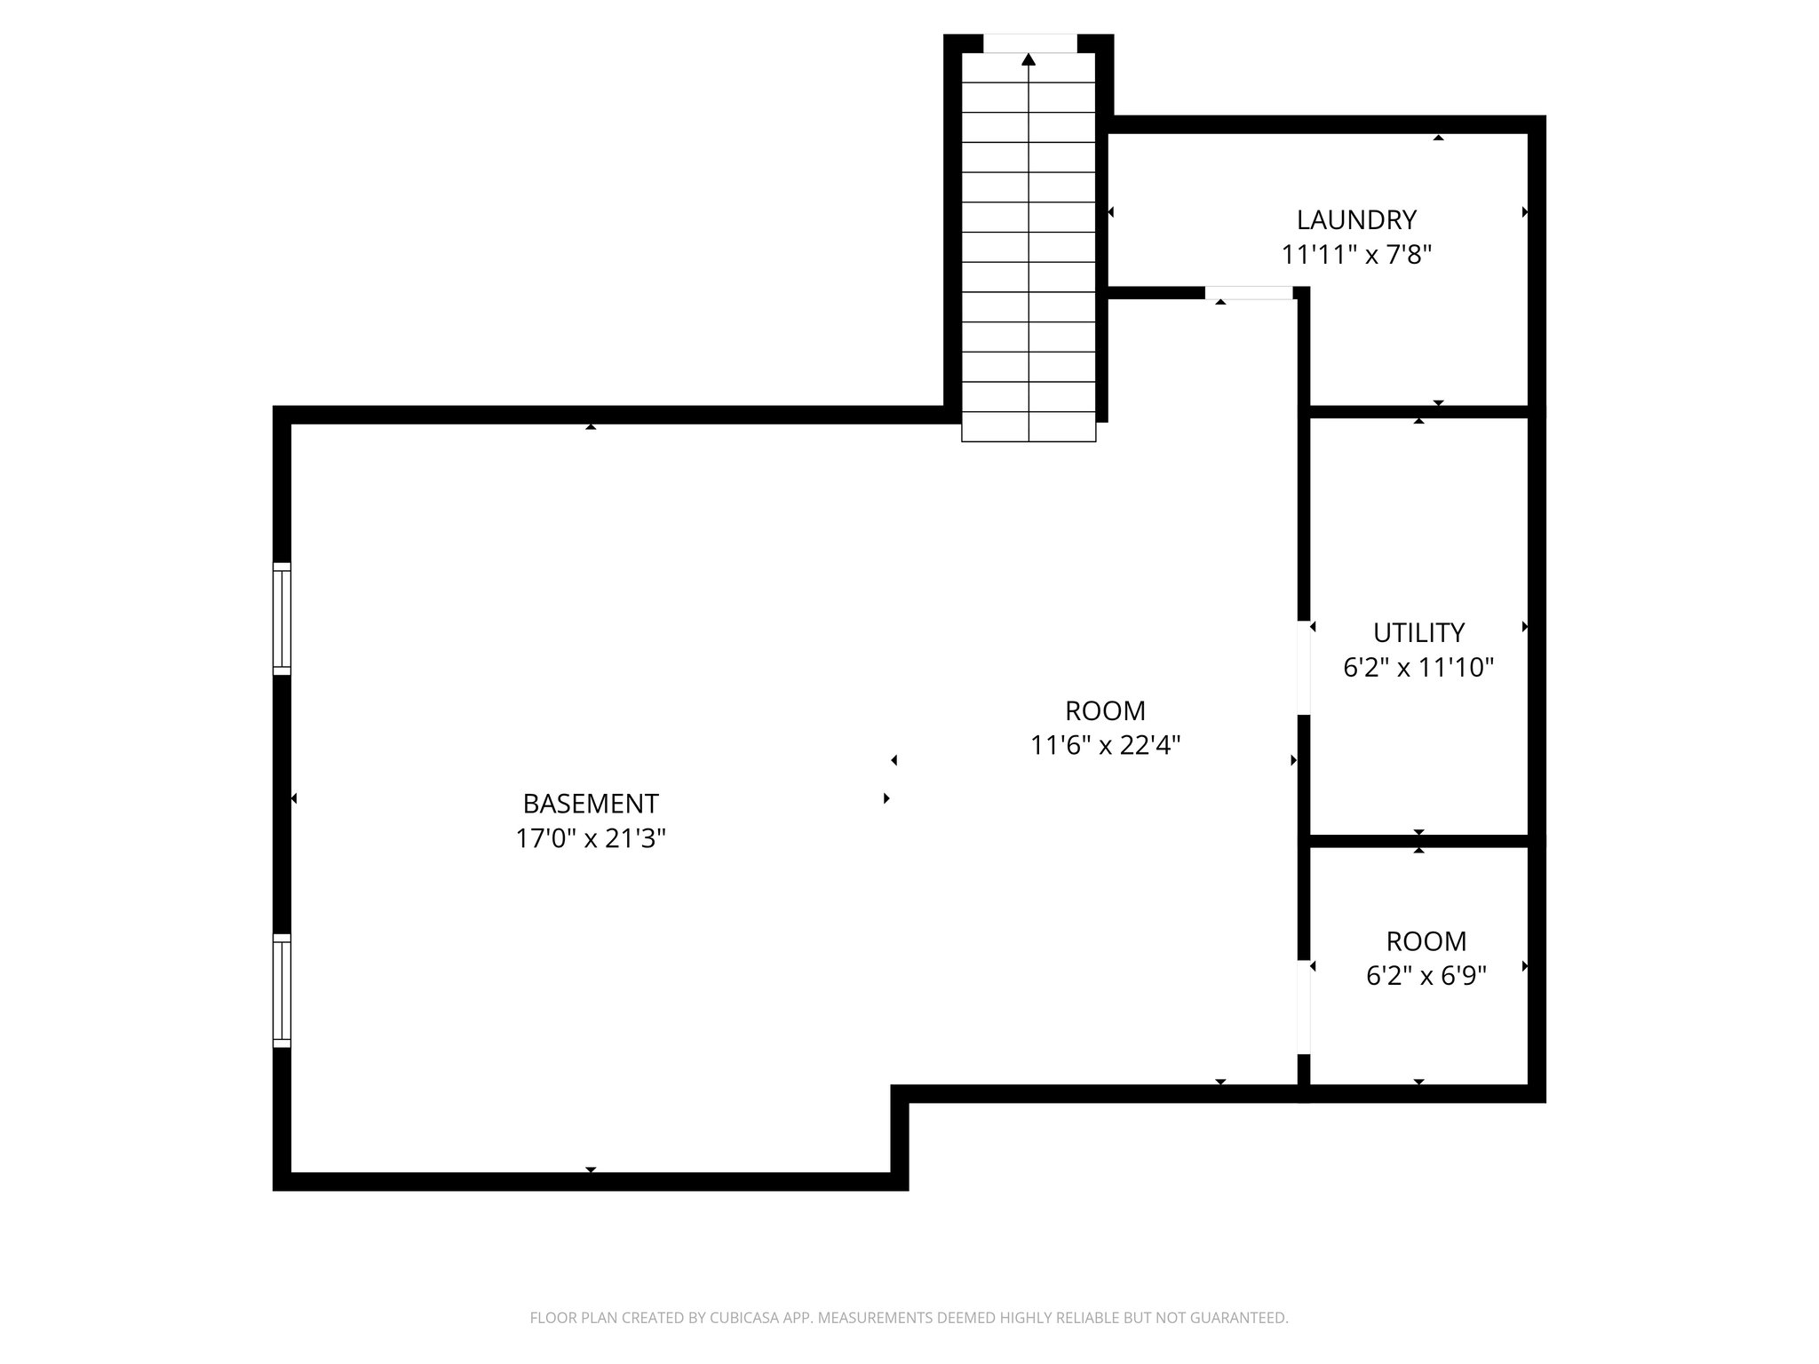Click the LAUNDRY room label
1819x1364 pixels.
pos(1355,219)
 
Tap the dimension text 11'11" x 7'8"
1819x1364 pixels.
pos(1355,256)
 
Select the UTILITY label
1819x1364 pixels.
pos(1418,632)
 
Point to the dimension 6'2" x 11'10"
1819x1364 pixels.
pos(1418,668)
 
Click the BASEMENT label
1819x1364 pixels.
pos(591,804)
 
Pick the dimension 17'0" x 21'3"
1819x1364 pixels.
pos(591,838)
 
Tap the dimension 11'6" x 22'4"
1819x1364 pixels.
pos(1105,745)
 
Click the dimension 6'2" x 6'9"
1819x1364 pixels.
pos(1426,976)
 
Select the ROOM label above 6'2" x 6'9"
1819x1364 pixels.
pos(1426,941)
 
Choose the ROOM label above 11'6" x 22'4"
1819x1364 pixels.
pos(1105,710)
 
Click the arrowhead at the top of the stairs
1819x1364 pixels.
pos(1029,60)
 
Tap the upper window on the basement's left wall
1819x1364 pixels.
pos(282,619)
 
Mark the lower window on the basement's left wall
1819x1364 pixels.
pos(282,990)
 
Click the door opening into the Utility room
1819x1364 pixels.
pos(1304,668)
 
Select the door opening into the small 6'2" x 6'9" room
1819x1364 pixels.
pos(1304,1007)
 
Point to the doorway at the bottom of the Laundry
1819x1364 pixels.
pos(1249,293)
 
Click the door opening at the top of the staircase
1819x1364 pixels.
pos(1029,44)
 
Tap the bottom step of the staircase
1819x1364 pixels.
pos(1029,427)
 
